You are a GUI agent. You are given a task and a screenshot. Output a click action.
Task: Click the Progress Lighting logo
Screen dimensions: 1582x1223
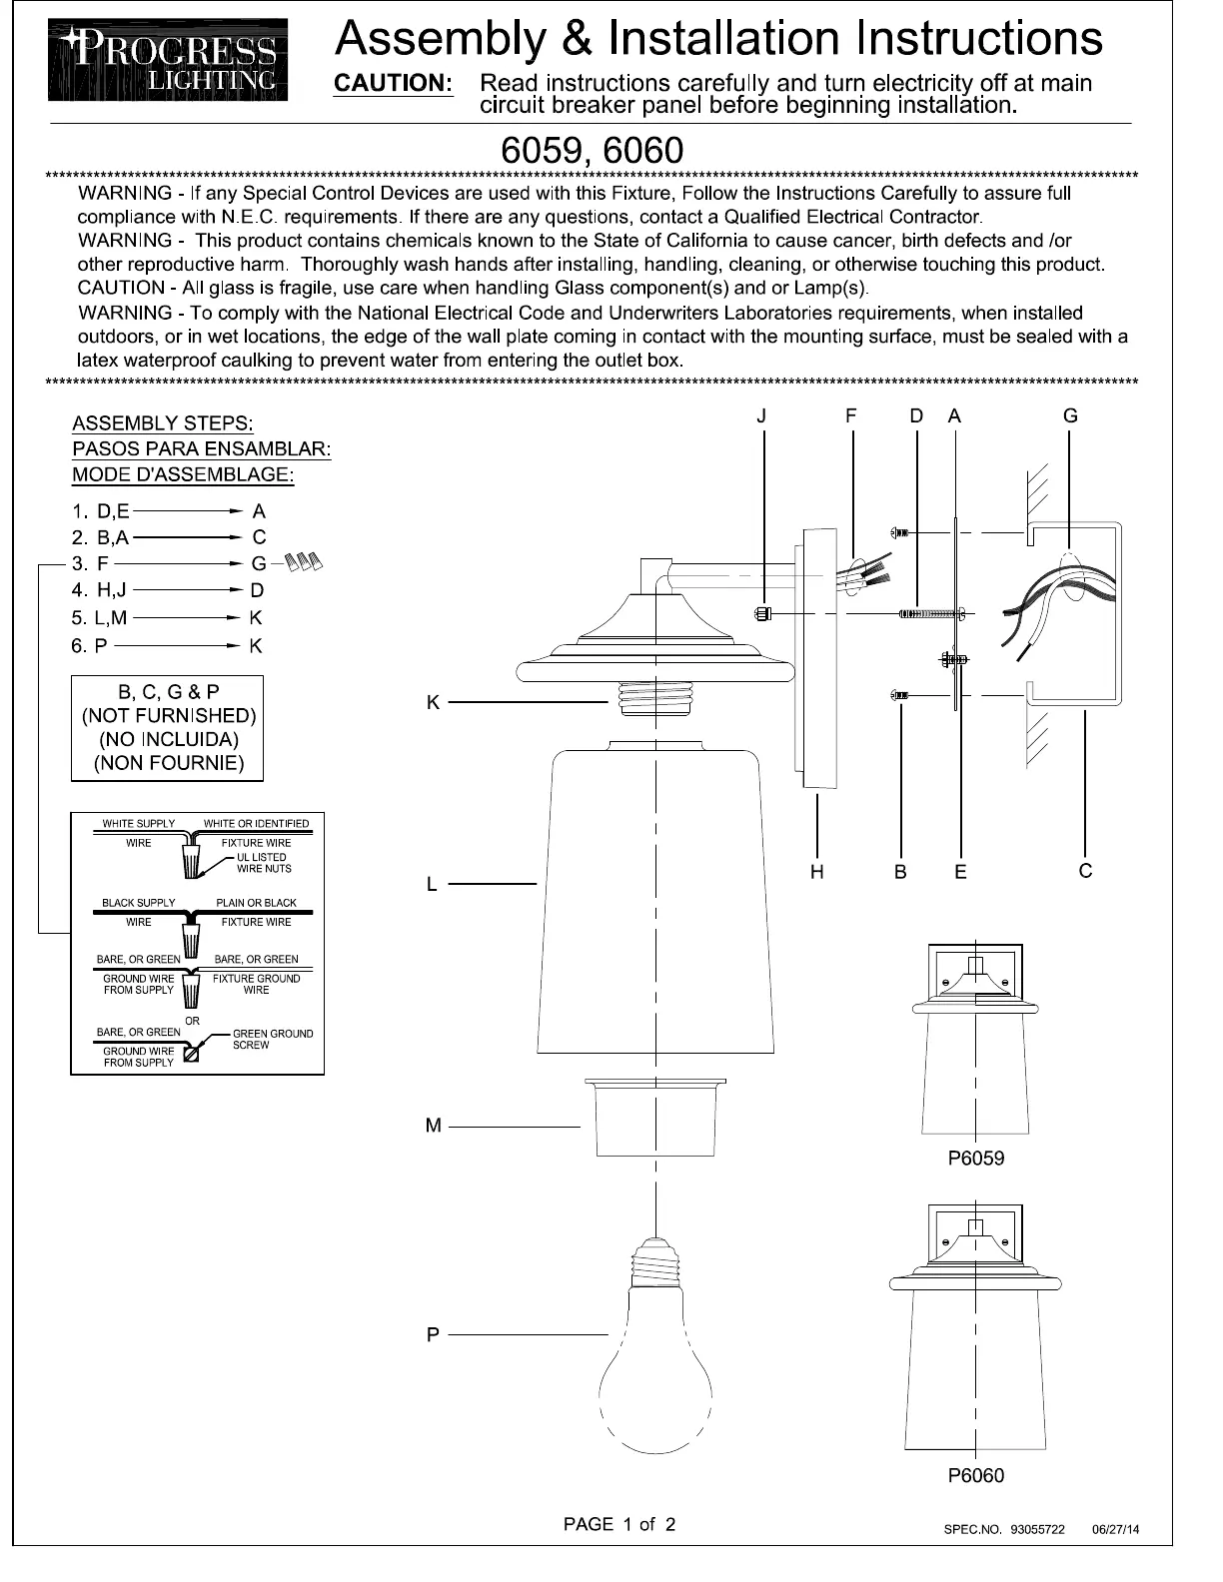click(x=168, y=60)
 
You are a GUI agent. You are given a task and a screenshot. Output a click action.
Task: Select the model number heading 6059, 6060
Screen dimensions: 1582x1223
click(x=592, y=150)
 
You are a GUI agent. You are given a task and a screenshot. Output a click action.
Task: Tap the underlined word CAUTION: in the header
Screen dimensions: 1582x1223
click(x=393, y=83)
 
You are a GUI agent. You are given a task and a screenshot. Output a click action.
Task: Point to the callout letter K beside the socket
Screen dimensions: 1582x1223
click(x=433, y=703)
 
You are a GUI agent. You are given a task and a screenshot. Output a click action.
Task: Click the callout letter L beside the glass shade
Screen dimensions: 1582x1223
click(x=432, y=884)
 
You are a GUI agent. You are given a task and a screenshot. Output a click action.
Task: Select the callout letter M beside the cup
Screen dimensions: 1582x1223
click(x=433, y=1126)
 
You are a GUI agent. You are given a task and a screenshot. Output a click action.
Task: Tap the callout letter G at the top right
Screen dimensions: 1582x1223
click(x=1070, y=415)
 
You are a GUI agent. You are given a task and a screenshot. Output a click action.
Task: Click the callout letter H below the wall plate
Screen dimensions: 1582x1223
click(x=816, y=872)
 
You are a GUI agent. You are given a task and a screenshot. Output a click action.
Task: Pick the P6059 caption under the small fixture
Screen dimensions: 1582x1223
click(x=976, y=1159)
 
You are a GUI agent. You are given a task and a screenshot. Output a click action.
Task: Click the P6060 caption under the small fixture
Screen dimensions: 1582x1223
click(x=976, y=1475)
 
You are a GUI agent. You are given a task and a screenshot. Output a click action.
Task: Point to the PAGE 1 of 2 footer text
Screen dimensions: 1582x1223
click(x=619, y=1524)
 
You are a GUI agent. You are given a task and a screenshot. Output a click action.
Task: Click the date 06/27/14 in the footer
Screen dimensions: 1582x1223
click(x=1116, y=1529)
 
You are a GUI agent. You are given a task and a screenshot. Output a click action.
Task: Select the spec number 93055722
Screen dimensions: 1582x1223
click(x=1037, y=1529)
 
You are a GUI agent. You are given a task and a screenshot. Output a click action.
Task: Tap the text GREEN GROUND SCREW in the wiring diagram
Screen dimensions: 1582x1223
click(x=272, y=1039)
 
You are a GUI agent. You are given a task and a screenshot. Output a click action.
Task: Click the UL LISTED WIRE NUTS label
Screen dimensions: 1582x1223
click(x=264, y=863)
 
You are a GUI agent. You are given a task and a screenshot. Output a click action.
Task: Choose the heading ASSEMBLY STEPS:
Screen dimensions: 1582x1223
click(x=163, y=423)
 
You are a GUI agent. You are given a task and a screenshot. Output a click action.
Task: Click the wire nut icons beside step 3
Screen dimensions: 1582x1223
click(x=301, y=563)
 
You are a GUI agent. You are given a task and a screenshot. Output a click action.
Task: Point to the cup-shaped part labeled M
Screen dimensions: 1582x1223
click(x=655, y=1117)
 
